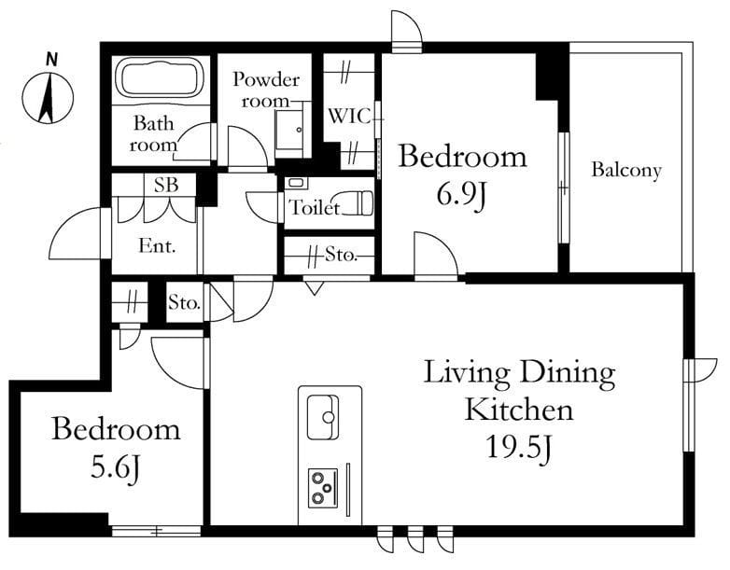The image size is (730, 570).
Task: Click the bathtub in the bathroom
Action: coord(161,77)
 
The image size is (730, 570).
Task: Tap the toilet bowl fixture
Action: coord(359,203)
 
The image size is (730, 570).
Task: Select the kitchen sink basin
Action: coord(323,417)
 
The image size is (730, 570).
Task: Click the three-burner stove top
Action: coord(323,488)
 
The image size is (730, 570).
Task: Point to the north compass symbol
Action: coord(48,99)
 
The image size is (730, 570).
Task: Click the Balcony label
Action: coord(626,171)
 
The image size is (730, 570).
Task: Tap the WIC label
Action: coord(349,116)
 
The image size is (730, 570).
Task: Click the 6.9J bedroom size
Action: coord(461,195)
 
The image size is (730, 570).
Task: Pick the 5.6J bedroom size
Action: coord(115,467)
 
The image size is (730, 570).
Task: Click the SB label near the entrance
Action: coord(166,186)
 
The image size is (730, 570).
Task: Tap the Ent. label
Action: coord(158,245)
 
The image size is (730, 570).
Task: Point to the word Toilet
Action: coord(314,207)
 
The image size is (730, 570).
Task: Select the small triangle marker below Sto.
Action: coord(314,287)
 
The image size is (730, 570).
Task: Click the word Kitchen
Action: coord(519,410)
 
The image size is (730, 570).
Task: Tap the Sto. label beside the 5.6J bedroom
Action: coord(184,303)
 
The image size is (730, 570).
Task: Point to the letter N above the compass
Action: coord(51,59)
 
